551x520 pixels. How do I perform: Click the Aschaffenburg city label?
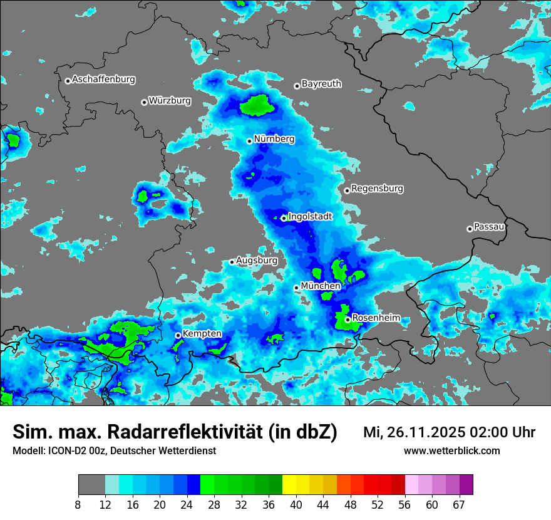click(x=103, y=80)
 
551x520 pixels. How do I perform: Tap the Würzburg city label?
click(x=170, y=101)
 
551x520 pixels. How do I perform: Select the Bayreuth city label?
click(x=321, y=83)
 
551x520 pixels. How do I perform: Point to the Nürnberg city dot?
click(x=249, y=141)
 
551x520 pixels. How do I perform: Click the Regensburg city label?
click(x=377, y=189)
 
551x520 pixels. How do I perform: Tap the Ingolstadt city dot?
click(x=284, y=218)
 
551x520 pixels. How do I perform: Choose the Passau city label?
click(x=489, y=227)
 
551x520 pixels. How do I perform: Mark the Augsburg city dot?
click(x=232, y=262)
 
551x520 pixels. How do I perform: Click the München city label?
click(x=321, y=286)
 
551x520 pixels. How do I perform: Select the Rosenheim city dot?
click(x=348, y=320)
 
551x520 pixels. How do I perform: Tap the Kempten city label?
click(x=202, y=333)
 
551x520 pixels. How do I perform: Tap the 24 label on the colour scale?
click(x=187, y=503)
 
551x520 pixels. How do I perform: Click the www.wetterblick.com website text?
click(x=451, y=451)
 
